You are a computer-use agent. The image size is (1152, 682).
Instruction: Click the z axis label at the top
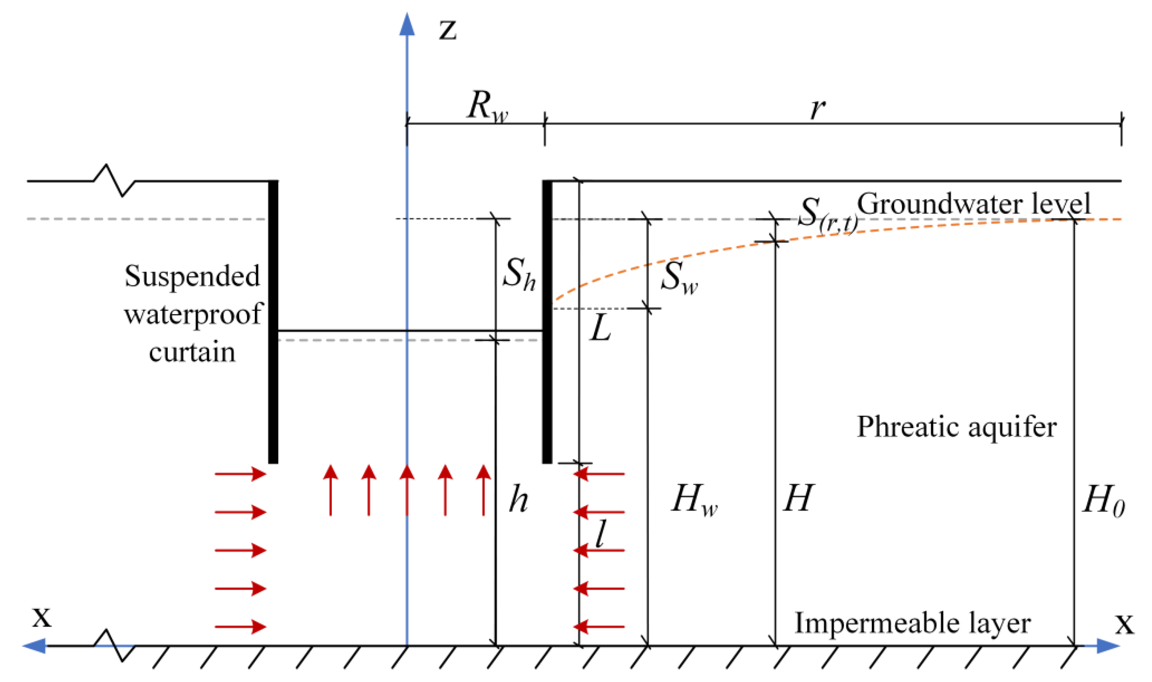(447, 30)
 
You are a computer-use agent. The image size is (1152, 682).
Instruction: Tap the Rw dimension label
(487, 107)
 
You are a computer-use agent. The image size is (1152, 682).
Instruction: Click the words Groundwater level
(974, 204)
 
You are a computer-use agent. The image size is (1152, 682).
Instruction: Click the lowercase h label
(518, 500)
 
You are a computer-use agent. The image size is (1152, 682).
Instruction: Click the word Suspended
(192, 276)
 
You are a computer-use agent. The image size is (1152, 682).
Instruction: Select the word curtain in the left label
(192, 352)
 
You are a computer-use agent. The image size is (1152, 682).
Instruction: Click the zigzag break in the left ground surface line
(114, 181)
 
